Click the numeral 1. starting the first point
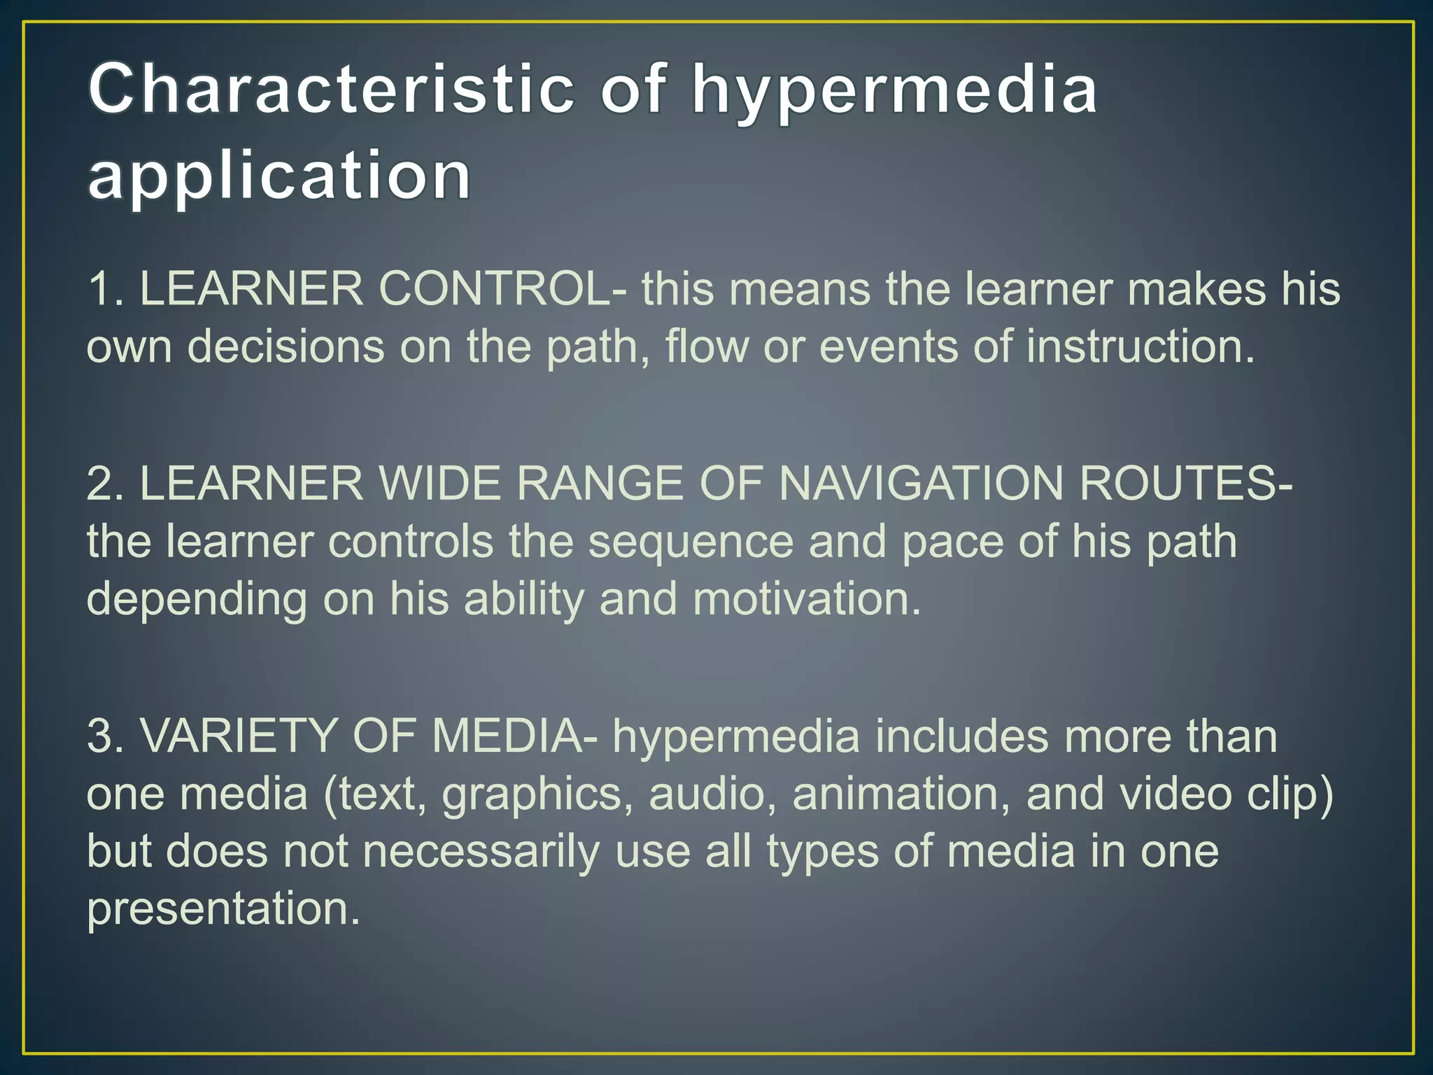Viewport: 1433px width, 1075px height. pos(106,288)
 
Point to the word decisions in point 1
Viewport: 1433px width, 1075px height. pos(285,346)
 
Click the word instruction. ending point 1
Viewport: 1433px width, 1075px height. pos(1141,346)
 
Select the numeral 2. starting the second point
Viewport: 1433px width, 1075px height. pos(106,483)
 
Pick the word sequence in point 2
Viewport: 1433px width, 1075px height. pos(690,542)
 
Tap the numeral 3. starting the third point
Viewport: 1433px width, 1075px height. pos(106,736)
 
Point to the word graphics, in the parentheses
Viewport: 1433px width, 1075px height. pos(537,795)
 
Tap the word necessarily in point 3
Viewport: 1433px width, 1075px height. pos(481,852)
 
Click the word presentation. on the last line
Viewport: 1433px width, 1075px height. pos(223,910)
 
